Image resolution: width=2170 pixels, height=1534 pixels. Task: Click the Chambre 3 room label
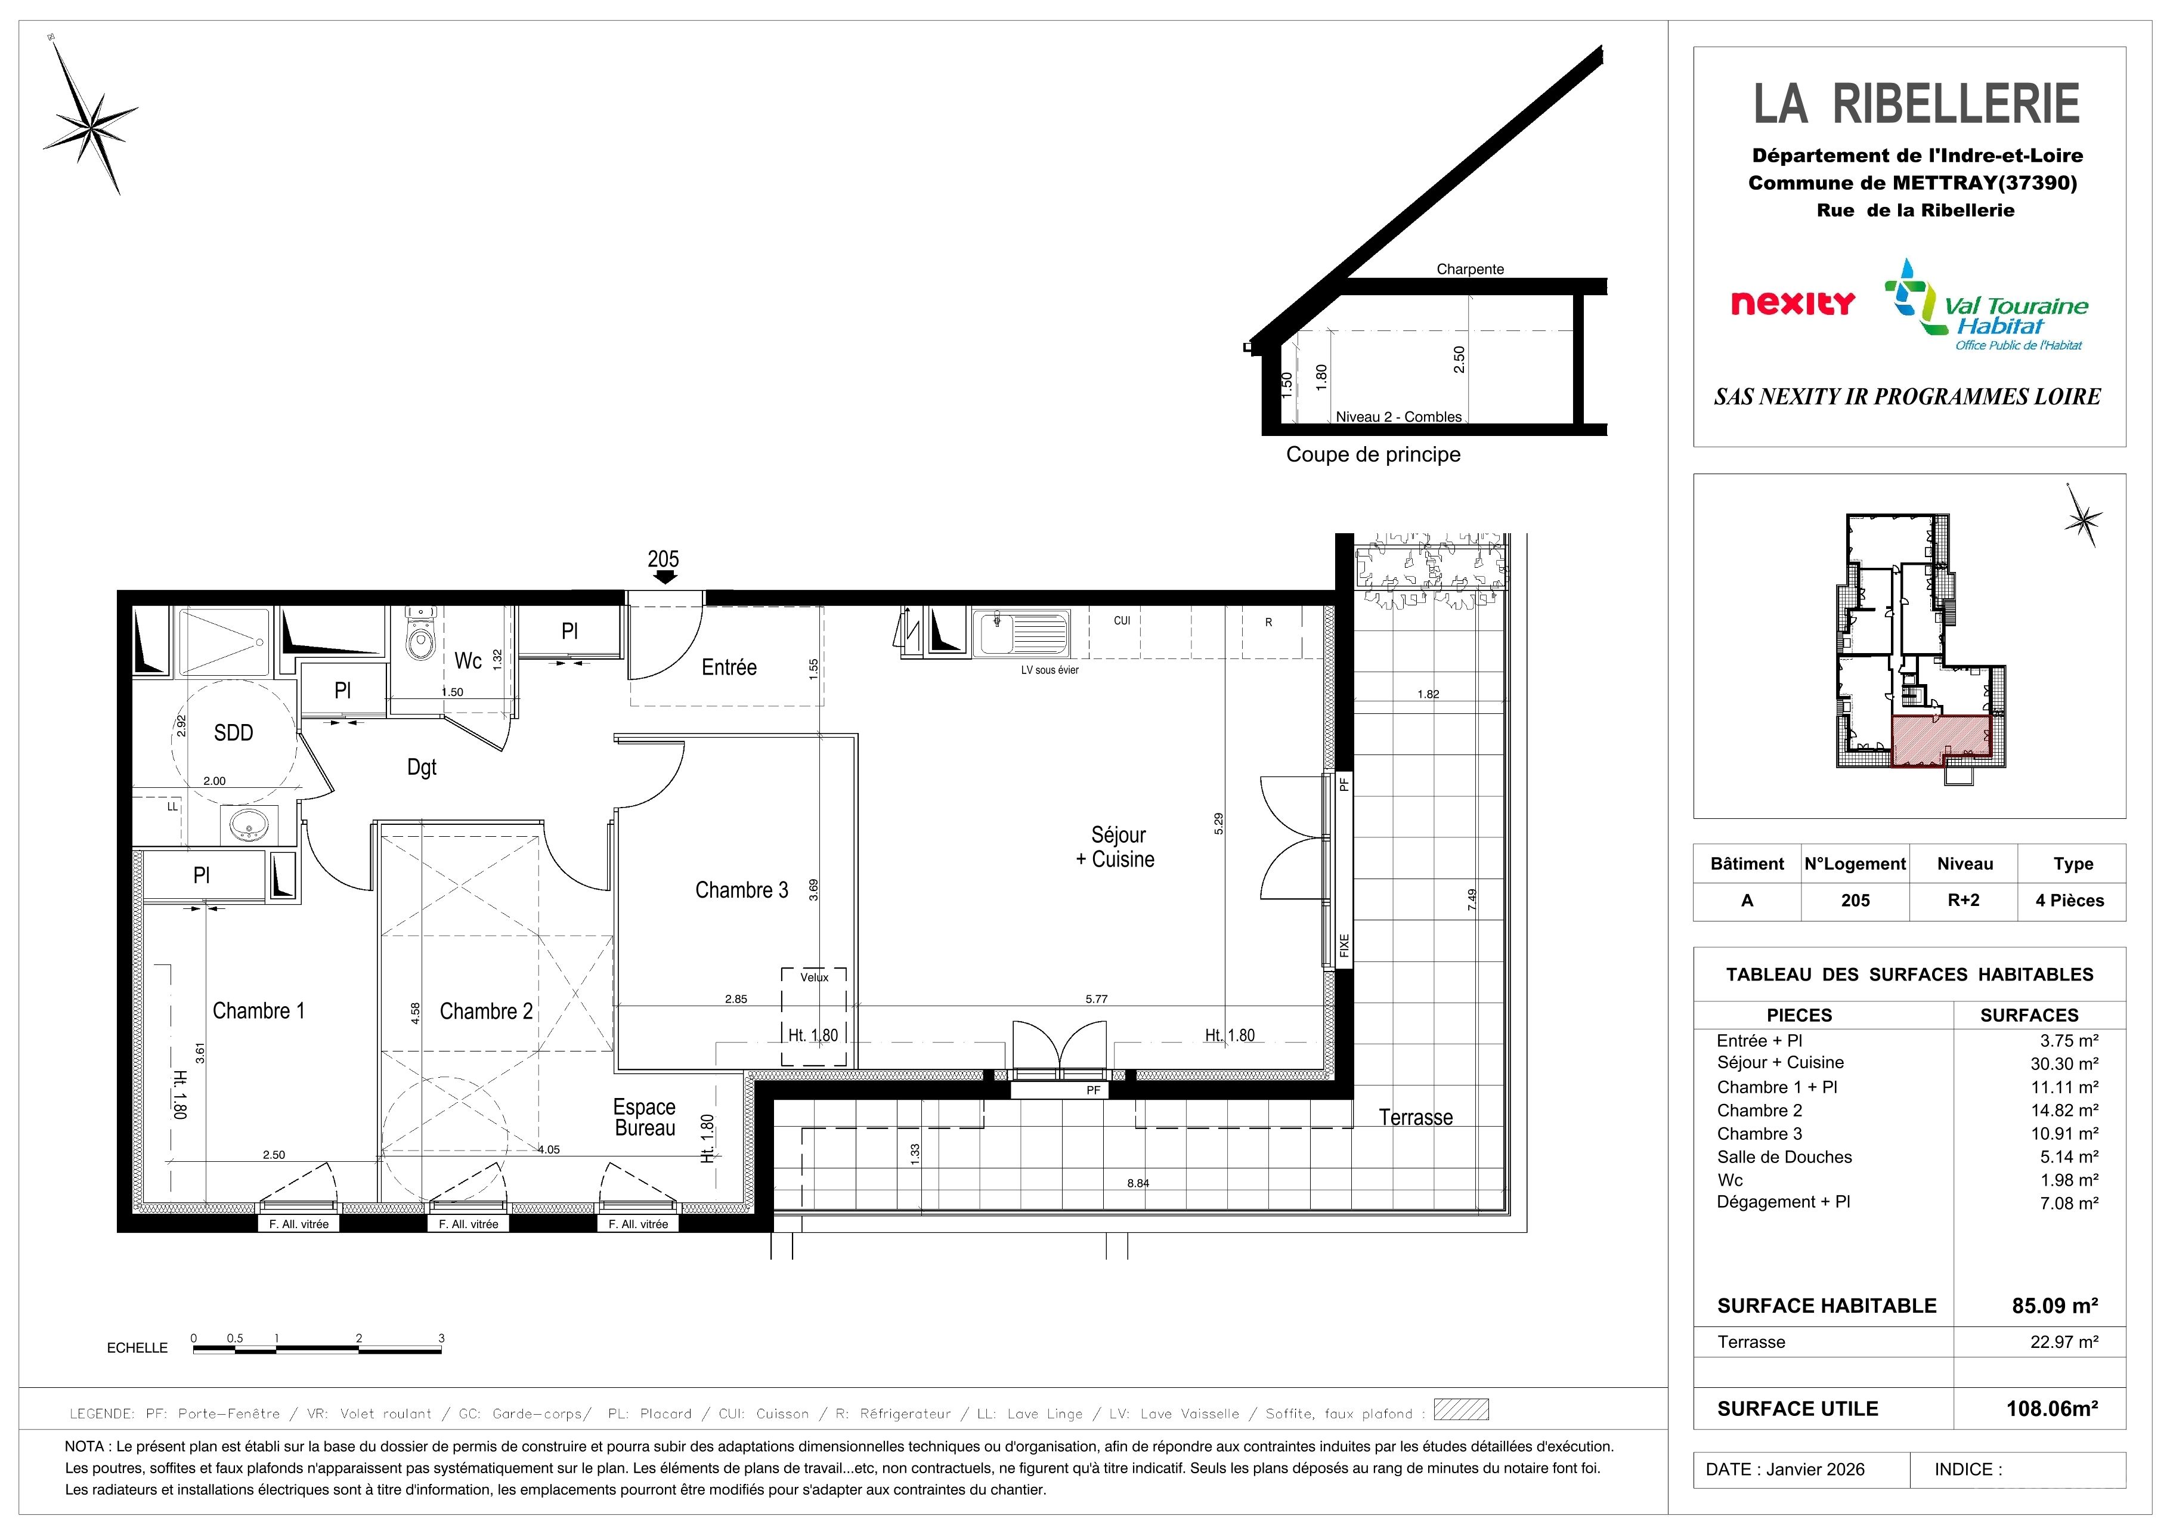(741, 890)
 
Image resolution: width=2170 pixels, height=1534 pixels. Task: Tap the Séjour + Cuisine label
(1116, 847)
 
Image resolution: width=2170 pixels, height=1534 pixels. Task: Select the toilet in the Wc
(420, 633)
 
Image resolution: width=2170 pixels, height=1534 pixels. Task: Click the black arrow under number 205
(664, 577)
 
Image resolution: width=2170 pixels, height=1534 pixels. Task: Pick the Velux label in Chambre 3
(814, 978)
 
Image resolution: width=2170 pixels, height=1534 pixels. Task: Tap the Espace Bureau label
(645, 1117)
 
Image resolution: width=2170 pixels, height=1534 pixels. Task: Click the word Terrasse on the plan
(1415, 1117)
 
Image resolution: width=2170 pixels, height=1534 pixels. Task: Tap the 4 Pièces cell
(2070, 901)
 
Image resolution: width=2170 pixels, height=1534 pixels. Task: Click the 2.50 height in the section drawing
(1459, 359)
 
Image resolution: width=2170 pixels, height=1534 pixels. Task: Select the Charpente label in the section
(1470, 270)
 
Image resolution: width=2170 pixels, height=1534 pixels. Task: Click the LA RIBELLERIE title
(1917, 104)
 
